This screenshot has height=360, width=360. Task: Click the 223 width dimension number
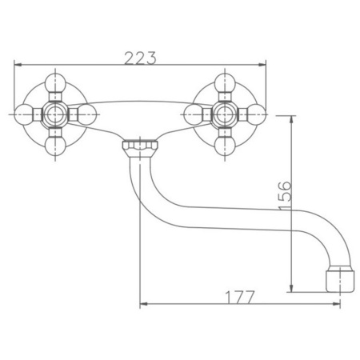coord(140,58)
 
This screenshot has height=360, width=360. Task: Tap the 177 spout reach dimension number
coord(240,298)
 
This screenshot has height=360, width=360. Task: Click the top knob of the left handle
coord(55,82)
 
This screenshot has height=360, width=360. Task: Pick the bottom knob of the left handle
coord(55,146)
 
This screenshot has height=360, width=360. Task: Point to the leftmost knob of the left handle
coord(23,114)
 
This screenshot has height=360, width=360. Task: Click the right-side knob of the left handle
coord(86,114)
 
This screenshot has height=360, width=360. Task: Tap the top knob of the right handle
coord(225,82)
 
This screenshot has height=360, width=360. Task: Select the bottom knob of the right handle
coord(225,146)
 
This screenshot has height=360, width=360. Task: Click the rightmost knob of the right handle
coord(257,114)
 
